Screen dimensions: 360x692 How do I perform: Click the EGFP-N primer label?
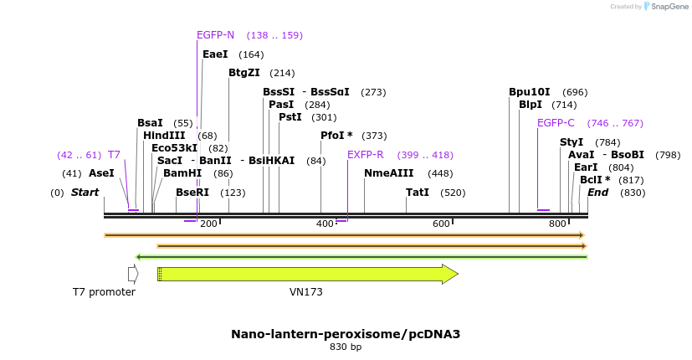[215, 35]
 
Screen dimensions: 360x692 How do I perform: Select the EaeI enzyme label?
[215, 54]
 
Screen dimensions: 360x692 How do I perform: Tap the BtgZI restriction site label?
[244, 73]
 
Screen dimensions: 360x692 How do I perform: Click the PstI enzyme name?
[290, 117]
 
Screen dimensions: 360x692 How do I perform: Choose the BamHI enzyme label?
[182, 173]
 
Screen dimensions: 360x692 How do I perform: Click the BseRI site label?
[192, 193]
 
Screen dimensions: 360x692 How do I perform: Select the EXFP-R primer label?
[365, 155]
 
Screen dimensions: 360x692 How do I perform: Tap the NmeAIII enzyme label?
[389, 173]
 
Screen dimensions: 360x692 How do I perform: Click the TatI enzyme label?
[418, 193]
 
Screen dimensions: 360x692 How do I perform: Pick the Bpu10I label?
[530, 92]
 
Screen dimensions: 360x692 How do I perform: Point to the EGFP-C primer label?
[556, 123]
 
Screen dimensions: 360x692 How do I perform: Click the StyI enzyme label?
[572, 142]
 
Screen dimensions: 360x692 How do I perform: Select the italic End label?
[597, 193]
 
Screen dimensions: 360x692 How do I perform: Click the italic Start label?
[85, 193]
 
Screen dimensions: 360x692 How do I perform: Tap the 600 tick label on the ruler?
[441, 224]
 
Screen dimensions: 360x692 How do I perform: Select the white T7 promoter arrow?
[132, 274]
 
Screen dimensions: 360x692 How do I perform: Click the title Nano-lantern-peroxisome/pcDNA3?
[346, 334]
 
